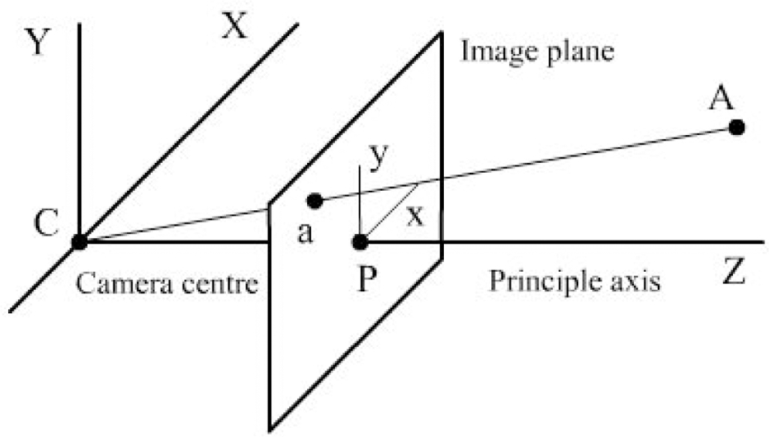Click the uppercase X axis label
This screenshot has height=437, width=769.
click(234, 26)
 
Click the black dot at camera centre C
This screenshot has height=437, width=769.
click(79, 242)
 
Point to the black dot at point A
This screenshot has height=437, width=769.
click(736, 128)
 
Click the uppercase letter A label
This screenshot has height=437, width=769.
click(721, 98)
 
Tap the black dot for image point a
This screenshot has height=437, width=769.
click(315, 201)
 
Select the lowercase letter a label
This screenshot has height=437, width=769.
click(305, 233)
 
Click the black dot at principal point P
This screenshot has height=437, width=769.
click(360, 242)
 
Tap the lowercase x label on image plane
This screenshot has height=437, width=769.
click(415, 215)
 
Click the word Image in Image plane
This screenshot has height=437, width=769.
click(500, 53)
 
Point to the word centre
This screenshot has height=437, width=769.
click(220, 285)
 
